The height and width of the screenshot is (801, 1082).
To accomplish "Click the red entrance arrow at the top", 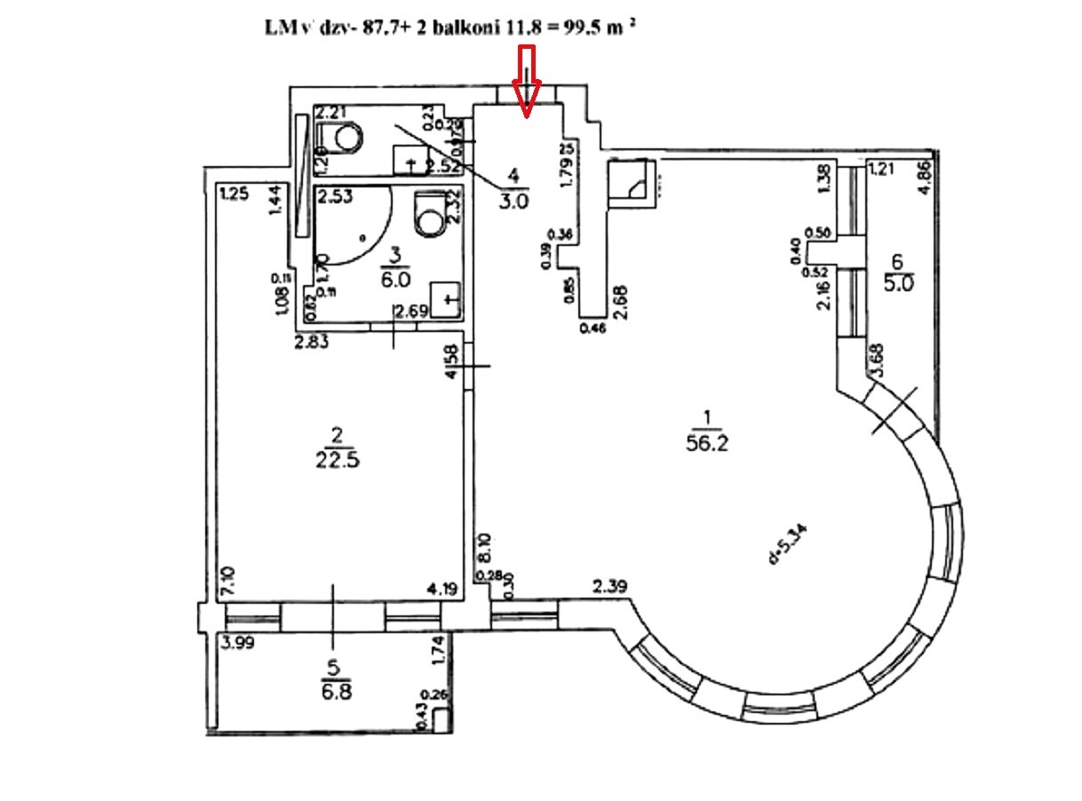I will [528, 83].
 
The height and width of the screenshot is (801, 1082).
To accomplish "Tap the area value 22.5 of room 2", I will [337, 459].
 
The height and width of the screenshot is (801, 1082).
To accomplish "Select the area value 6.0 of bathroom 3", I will [396, 278].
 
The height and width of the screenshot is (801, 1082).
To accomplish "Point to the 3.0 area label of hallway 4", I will [513, 201].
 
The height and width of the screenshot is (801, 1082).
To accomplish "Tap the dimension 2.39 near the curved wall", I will [611, 586].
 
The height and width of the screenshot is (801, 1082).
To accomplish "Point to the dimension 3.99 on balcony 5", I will [239, 645].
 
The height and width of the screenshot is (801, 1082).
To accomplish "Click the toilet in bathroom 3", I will [429, 213].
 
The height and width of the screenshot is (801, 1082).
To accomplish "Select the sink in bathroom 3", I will [446, 299].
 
